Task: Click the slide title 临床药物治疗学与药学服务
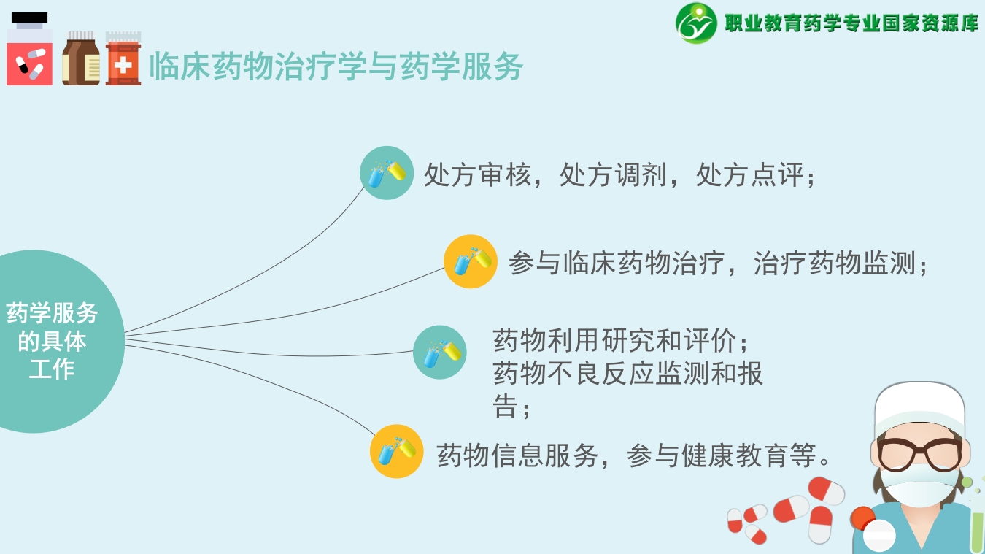click(336, 67)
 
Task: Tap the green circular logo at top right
click(696, 23)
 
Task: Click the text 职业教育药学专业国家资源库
click(851, 23)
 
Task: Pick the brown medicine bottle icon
click(81, 60)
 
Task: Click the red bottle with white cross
click(123, 60)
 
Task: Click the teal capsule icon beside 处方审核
click(387, 173)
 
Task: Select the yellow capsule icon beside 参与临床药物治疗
click(471, 261)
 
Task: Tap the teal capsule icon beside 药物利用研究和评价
click(440, 352)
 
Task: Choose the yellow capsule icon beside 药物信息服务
click(397, 451)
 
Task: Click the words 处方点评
click(749, 175)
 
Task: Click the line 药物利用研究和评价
click(620, 341)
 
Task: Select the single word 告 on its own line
click(505, 407)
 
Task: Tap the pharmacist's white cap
click(919, 405)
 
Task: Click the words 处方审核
click(478, 175)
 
